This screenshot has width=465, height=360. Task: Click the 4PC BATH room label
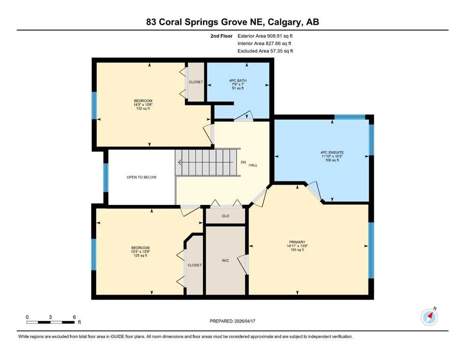pyautogui.click(x=238, y=81)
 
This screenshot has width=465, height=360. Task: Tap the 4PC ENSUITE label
pyautogui.click(x=332, y=152)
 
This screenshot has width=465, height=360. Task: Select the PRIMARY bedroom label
pyautogui.click(x=297, y=242)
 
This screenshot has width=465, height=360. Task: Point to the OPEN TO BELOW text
pyautogui.click(x=141, y=177)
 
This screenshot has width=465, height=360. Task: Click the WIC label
pyautogui.click(x=225, y=261)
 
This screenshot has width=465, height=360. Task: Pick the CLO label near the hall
pyautogui.click(x=225, y=216)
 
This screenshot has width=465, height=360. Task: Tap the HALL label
pyautogui.click(x=253, y=165)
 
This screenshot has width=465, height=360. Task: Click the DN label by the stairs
pyautogui.click(x=243, y=162)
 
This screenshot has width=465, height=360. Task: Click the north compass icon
pyautogui.click(x=429, y=317)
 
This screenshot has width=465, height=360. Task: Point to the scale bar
pyautogui.click(x=51, y=322)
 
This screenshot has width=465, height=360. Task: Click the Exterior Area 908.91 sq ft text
pyautogui.click(x=265, y=36)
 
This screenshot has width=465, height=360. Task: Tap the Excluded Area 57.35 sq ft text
pyautogui.click(x=265, y=51)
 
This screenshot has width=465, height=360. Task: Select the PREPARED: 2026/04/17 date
pyautogui.click(x=232, y=321)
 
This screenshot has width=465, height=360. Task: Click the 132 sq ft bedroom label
pyautogui.click(x=143, y=109)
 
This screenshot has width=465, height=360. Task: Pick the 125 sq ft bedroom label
pyautogui.click(x=140, y=255)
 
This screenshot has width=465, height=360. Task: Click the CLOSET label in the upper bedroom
pyautogui.click(x=196, y=82)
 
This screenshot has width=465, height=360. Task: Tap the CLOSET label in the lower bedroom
pyautogui.click(x=194, y=265)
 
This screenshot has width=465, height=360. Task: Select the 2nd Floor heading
pyautogui.click(x=221, y=36)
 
